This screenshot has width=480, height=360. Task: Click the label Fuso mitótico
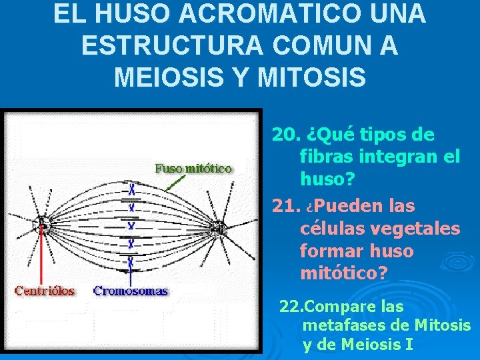pos(194,169)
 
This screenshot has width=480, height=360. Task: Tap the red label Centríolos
pos(44,291)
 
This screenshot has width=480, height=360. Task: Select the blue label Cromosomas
pos(131,291)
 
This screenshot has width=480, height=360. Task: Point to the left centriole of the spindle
pos(42,226)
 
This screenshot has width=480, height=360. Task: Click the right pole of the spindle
pos(219,230)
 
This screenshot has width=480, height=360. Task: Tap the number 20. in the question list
pos(286,135)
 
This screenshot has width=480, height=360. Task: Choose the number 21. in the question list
pos(286,206)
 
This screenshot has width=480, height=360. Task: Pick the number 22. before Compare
pos(291,307)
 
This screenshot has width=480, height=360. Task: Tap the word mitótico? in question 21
pos(344,273)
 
